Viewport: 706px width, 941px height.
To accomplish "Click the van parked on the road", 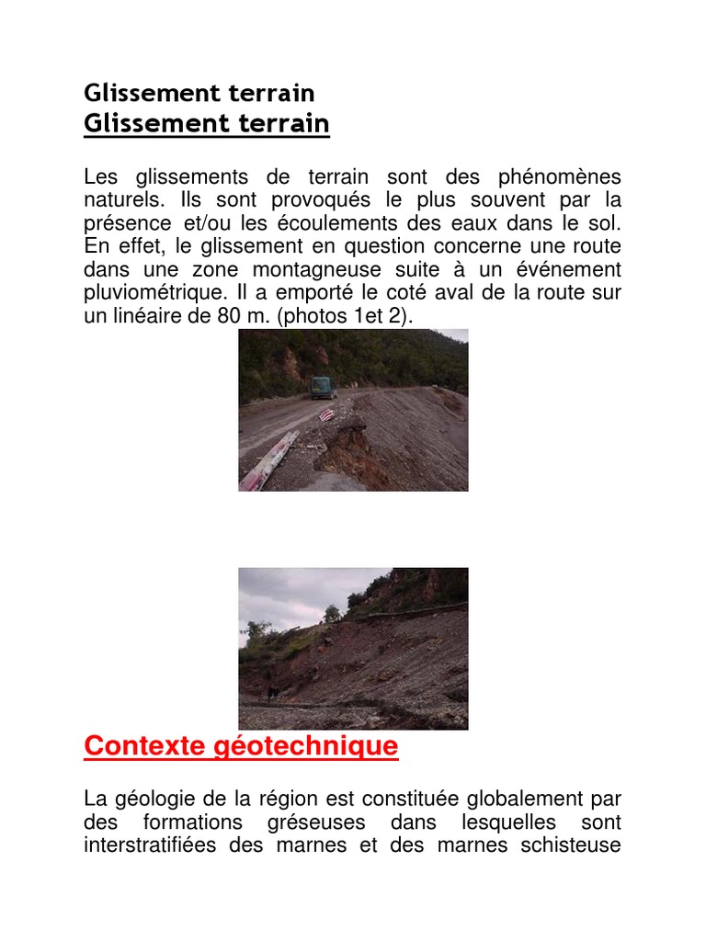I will [323, 387].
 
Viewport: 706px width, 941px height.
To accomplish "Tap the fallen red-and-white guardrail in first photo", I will [269, 460].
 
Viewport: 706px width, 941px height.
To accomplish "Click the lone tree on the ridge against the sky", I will [332, 613].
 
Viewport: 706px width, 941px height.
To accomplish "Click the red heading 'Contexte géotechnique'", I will [241, 745].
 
